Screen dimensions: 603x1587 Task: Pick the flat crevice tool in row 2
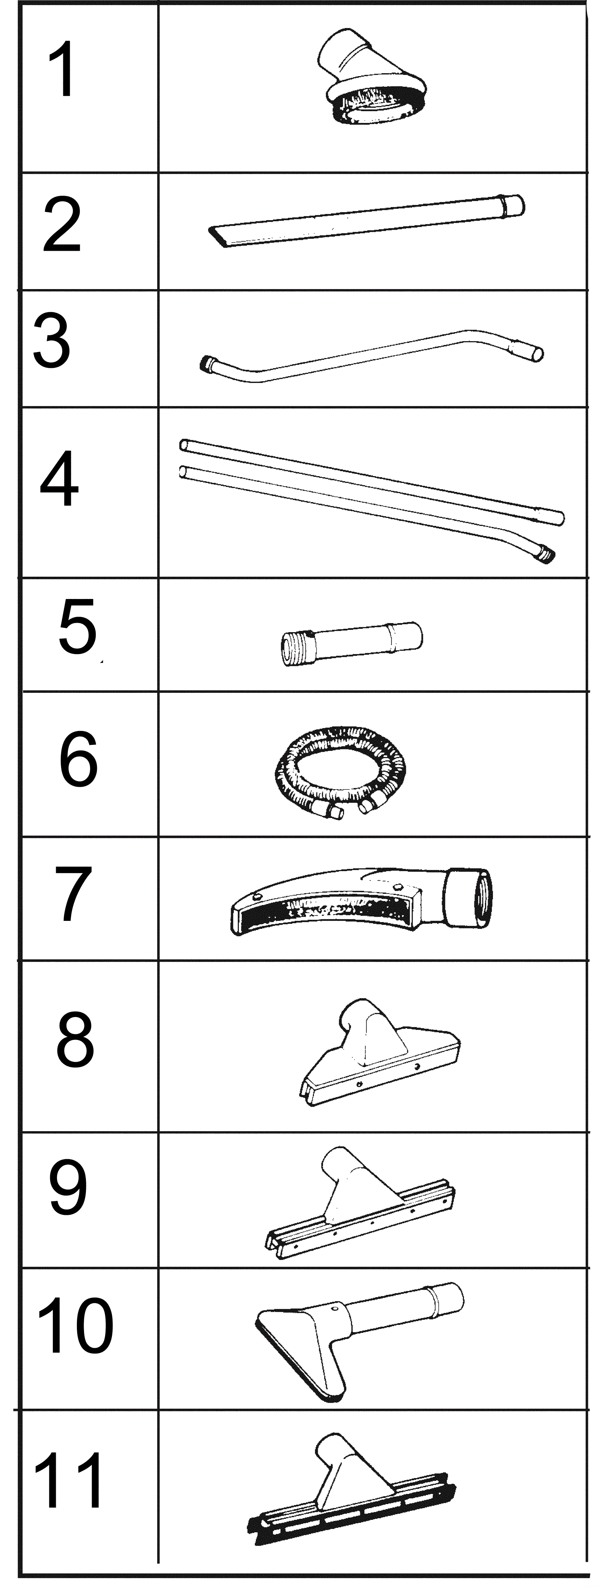point(366,221)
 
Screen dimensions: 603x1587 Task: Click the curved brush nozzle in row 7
point(361,901)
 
